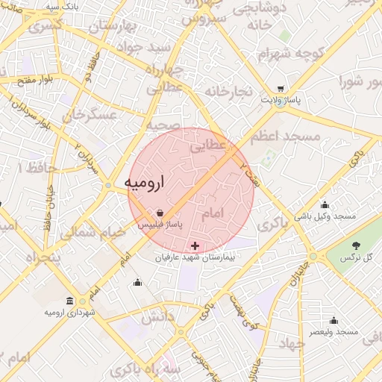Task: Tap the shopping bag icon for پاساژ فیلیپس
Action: (160, 213)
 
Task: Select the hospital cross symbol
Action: (195, 245)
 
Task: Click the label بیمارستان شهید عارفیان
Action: (195, 257)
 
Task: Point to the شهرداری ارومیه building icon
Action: (69, 301)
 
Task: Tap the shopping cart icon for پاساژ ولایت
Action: (281, 88)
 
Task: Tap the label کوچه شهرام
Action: (284, 54)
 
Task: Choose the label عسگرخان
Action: (90, 116)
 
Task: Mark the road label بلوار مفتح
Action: (34, 78)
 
